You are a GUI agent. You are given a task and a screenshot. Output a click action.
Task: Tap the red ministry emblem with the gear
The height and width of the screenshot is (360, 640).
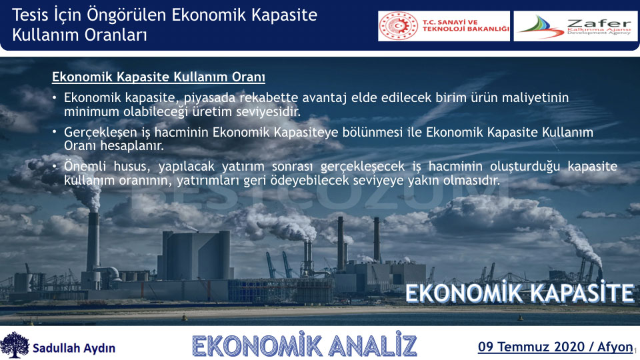399,26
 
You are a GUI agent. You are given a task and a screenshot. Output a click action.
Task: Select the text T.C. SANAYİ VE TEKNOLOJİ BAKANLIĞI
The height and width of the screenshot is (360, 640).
466,26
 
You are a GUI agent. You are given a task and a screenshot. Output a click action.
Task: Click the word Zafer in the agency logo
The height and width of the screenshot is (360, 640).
599,23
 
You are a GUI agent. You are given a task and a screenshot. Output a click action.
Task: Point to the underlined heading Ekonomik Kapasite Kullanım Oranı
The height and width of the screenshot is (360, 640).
159,77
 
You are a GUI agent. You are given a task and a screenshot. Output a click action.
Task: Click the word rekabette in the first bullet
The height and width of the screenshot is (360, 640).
269,97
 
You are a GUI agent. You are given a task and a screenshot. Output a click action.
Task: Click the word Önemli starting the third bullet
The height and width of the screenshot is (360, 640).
85,166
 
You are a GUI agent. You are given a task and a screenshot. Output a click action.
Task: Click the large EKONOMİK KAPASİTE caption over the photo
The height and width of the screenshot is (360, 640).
519,293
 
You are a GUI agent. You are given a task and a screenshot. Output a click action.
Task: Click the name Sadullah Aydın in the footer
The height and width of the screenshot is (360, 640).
74,348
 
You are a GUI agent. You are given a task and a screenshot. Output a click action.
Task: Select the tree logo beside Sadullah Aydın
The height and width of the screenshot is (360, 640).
15,345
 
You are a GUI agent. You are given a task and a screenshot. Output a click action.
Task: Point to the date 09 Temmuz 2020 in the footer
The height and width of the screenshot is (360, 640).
531,347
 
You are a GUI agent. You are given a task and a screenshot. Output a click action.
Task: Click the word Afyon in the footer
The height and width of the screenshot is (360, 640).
615,347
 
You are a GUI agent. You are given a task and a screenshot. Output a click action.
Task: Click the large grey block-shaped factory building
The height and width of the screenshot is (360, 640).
195,255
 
